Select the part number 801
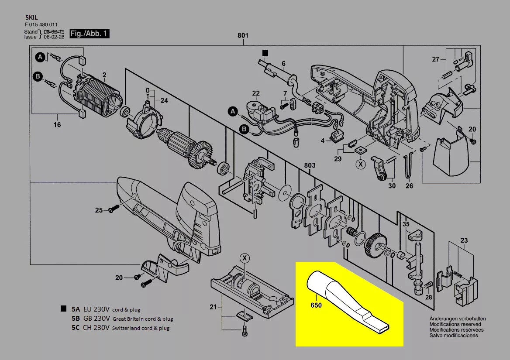coord(243,35)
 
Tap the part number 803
coord(310,166)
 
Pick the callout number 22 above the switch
coord(256,93)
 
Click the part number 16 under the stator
coord(57,125)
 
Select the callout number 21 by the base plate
coord(213,307)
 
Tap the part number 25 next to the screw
coord(99,210)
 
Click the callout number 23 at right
coord(464,240)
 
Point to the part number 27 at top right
coord(435,59)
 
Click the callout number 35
coord(406,224)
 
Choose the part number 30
coord(392,185)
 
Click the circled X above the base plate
coord(245,258)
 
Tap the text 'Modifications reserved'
coord(455,324)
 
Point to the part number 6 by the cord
coord(283,64)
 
